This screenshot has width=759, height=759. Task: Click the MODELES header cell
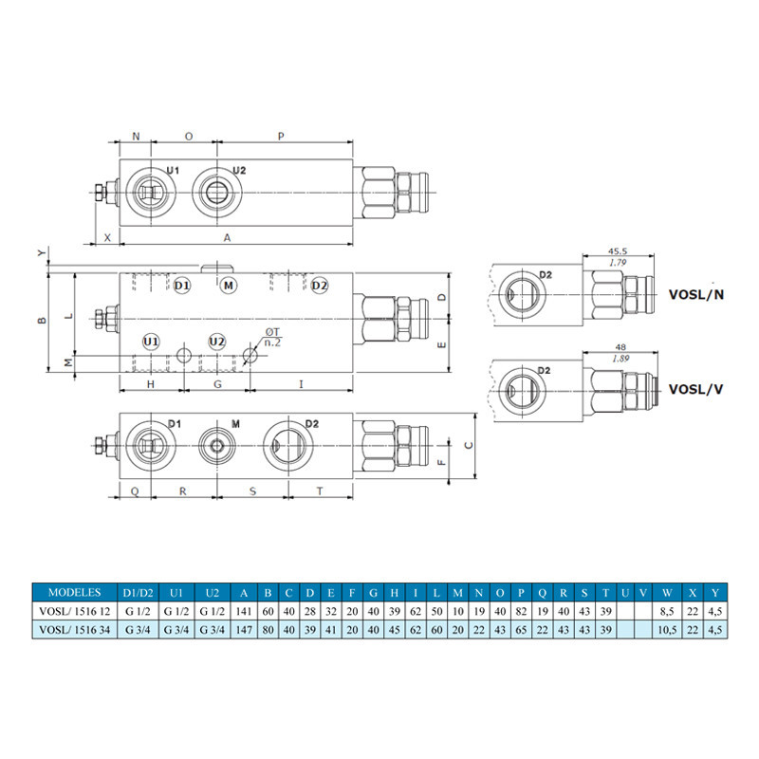coord(75,592)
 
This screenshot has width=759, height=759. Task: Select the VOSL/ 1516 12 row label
coord(75,611)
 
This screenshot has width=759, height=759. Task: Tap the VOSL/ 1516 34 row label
coord(75,630)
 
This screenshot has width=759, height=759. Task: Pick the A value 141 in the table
coord(244,611)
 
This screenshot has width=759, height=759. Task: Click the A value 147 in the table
coord(244,630)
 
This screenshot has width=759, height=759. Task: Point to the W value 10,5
coord(667,630)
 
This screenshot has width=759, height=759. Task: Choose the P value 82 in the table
coord(521,611)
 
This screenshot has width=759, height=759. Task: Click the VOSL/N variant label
coord(696,294)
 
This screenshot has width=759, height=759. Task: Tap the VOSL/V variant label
coord(695,389)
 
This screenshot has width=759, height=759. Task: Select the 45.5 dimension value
coord(618,251)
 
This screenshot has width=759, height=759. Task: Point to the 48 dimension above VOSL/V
coord(620,347)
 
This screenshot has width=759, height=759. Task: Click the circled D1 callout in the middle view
coord(181,286)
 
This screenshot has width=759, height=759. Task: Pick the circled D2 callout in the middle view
coord(320,286)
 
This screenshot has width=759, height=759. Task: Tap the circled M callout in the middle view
coord(229,286)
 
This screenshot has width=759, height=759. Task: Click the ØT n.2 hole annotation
coord(272,337)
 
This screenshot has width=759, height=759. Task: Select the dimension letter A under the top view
coord(227,238)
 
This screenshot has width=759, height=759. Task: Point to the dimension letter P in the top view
coord(281,137)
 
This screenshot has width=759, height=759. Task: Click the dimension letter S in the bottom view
coord(252,491)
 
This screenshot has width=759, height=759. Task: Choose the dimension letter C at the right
coord(469,445)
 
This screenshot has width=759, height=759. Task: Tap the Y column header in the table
coord(715,592)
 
